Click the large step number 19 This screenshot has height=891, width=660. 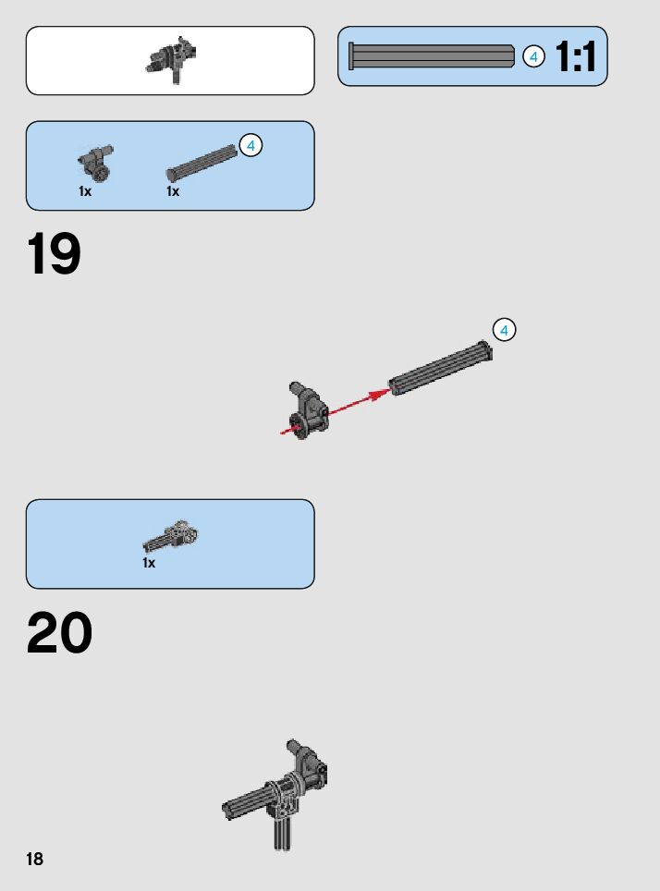click(54, 255)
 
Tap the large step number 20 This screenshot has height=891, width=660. click(59, 634)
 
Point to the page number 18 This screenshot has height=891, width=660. click(34, 860)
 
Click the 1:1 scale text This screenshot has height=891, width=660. click(576, 57)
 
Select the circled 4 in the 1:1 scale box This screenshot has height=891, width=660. click(533, 56)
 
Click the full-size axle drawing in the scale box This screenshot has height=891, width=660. click(431, 56)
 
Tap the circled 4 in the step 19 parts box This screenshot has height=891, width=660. click(251, 145)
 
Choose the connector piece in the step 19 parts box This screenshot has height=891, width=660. click(95, 163)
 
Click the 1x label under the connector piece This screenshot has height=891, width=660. click(85, 191)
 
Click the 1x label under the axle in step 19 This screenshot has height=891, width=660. click(173, 191)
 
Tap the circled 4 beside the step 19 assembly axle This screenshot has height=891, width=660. click(504, 330)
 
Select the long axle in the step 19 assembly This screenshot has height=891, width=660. click(440, 370)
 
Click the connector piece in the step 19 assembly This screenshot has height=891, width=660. click(309, 411)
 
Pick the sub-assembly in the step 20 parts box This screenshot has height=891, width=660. click(173, 535)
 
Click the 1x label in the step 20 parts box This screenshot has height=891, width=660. click(149, 562)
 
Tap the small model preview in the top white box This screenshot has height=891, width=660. click(173, 57)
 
